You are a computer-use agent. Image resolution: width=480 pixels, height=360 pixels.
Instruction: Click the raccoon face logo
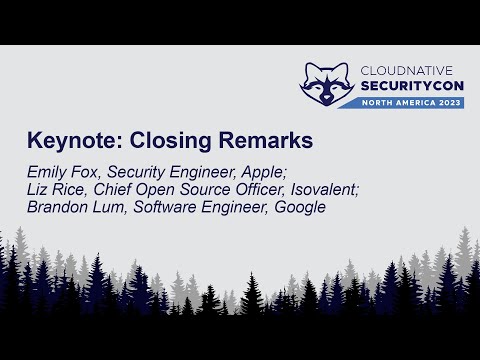327,83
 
